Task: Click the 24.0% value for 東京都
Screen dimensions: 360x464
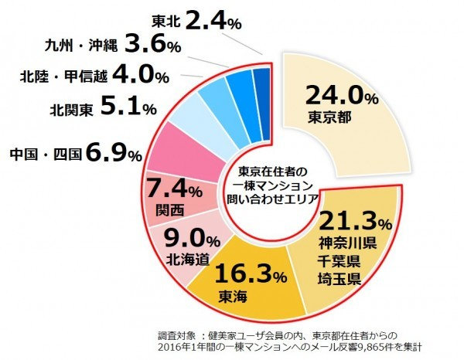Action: [341, 97]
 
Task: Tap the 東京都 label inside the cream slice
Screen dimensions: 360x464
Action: [332, 118]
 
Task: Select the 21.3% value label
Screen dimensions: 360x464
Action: [355, 223]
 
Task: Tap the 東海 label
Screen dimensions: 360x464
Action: [237, 296]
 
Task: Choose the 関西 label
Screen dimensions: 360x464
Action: [169, 209]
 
